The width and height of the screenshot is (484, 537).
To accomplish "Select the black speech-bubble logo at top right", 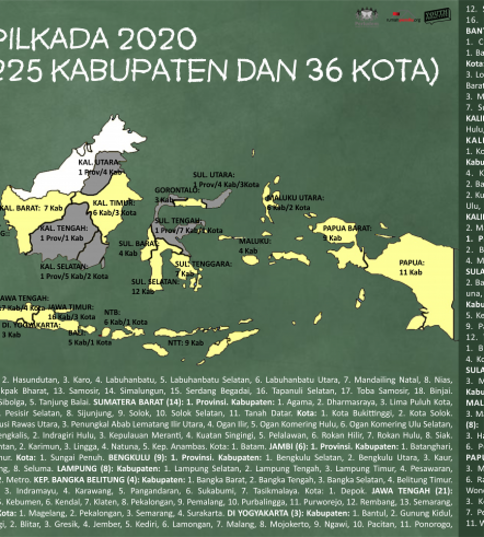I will coord(433,17).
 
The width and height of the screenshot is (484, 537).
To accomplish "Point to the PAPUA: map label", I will coord(411,263).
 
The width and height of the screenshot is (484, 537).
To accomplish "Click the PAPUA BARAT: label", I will coord(347,228).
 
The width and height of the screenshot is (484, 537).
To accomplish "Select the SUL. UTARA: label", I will coord(213,175).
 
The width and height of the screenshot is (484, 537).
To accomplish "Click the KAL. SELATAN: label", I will coord(63,266).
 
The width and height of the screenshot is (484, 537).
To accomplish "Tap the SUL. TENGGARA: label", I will coord(203,264).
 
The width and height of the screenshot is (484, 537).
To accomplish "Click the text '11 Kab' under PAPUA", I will coord(410,272).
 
